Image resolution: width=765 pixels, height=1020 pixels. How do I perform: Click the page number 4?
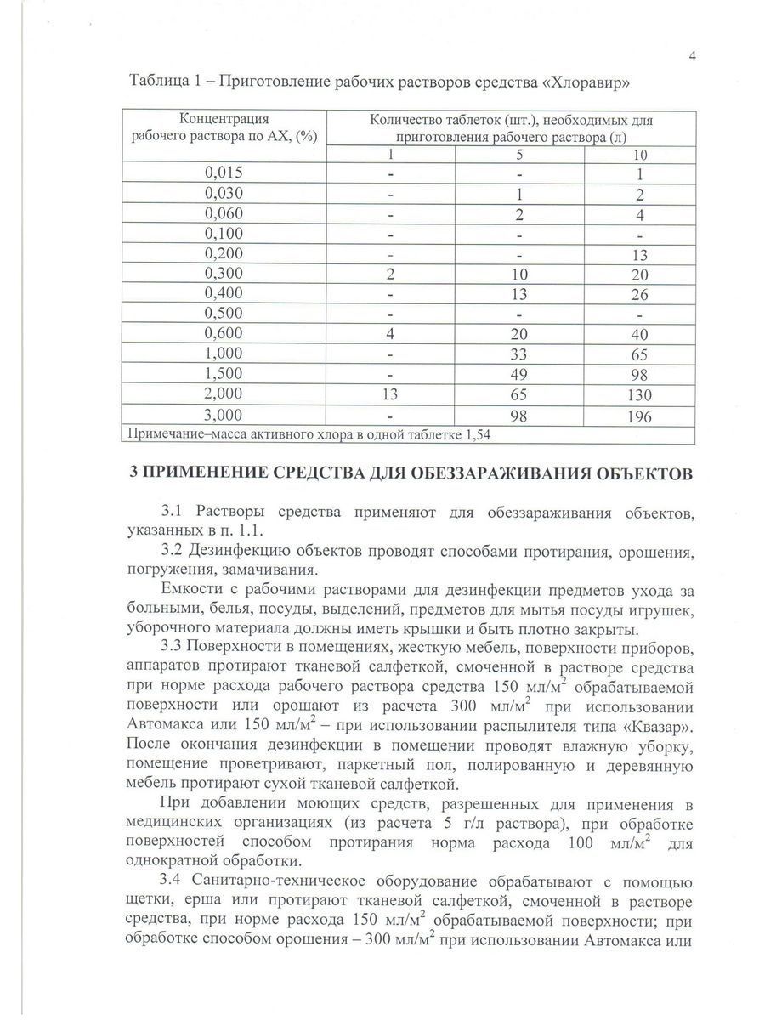pos(693,57)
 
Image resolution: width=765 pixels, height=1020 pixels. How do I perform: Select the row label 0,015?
pos(224,173)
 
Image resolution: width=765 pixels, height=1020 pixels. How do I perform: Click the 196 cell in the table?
pos(640,416)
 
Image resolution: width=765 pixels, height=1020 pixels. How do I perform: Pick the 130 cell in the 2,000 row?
pos(640,396)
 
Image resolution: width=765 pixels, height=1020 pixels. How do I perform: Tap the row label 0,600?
pos(224,335)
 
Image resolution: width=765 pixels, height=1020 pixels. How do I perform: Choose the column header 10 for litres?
pos(640,154)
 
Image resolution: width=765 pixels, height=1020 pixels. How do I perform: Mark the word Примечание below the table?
pos(167,434)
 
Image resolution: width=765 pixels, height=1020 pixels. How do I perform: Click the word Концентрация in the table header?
pos(224,120)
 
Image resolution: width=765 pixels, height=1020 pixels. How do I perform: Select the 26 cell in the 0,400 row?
pos(640,294)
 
